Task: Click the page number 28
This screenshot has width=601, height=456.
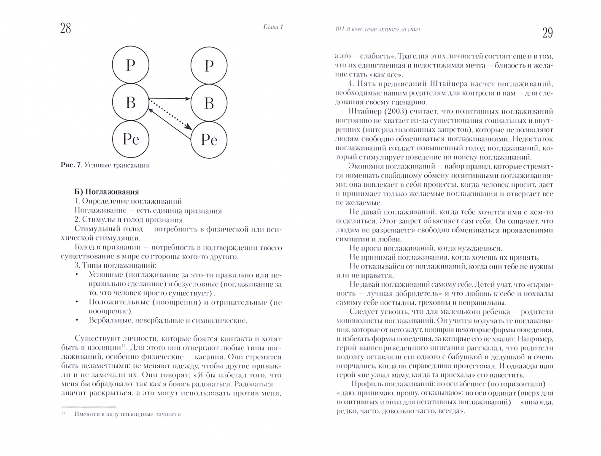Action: coord(65,28)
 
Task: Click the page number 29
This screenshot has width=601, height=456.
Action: coord(547,33)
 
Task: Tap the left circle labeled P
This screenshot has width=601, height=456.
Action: coord(130,65)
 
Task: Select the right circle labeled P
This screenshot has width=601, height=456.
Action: coord(209,66)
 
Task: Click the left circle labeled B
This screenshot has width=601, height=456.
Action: coord(130,102)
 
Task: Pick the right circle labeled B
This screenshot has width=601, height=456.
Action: coord(209,103)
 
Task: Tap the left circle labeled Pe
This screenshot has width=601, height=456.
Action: coord(130,139)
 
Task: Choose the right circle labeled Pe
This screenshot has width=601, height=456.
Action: coord(209,140)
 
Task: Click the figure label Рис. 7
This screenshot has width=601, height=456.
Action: coord(70,165)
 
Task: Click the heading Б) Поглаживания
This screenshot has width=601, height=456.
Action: coord(106,192)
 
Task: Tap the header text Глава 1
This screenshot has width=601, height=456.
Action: coord(270,28)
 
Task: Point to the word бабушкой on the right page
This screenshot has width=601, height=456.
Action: coord(442,356)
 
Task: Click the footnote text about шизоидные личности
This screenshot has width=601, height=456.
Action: coord(127,414)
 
